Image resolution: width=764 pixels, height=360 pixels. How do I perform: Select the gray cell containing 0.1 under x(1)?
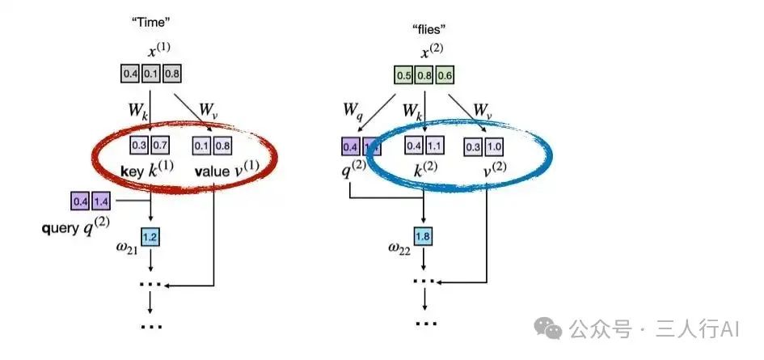coord(151,74)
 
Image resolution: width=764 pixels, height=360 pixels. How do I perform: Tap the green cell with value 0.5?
coord(403,77)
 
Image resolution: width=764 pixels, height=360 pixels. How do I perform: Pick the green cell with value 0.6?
coord(444,77)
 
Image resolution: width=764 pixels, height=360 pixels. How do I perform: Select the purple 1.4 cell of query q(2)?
coord(100,200)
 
